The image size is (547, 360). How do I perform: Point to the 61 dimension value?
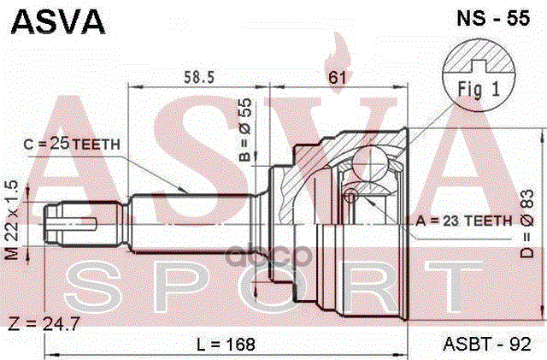tap(337, 78)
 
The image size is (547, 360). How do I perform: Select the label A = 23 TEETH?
tap(463, 220)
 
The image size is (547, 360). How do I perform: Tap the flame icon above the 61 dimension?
tap(339, 53)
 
